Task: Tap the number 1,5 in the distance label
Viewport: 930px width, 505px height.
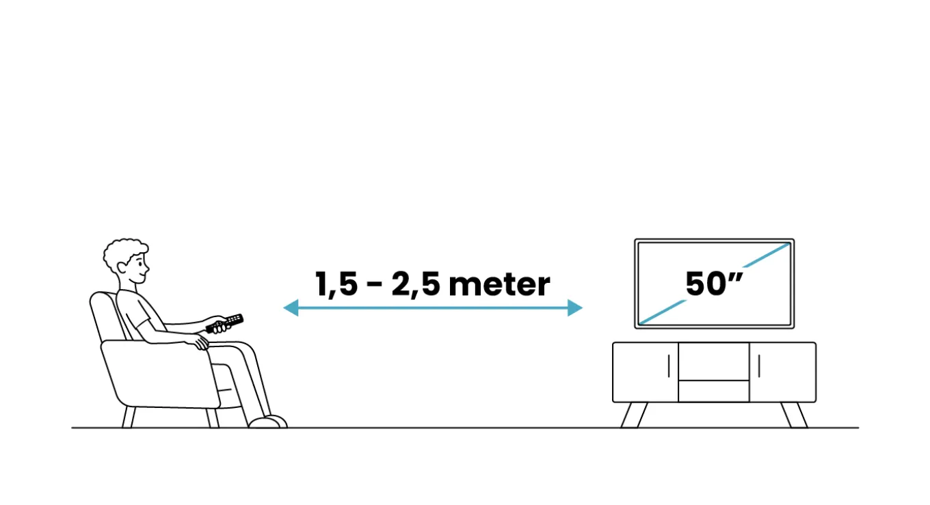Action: [336, 285]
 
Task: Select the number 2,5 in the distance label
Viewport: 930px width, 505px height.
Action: [416, 285]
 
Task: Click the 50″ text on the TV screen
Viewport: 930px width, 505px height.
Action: [714, 284]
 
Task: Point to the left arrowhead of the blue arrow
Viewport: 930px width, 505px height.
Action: [291, 308]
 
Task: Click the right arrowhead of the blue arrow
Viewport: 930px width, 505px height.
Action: [575, 308]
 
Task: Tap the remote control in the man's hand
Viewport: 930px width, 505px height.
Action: [224, 323]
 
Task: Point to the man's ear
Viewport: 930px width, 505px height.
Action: [122, 268]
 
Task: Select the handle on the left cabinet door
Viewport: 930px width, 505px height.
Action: [669, 366]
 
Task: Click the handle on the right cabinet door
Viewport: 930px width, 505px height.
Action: [759, 366]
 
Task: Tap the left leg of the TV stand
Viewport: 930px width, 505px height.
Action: [635, 415]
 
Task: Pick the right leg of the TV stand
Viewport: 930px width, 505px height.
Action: [794, 415]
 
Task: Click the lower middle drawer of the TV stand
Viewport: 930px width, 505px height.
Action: [714, 392]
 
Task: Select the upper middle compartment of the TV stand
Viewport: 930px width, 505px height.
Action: [714, 361]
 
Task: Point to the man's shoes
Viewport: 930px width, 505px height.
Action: [268, 422]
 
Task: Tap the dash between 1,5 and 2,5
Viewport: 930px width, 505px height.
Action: [375, 286]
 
